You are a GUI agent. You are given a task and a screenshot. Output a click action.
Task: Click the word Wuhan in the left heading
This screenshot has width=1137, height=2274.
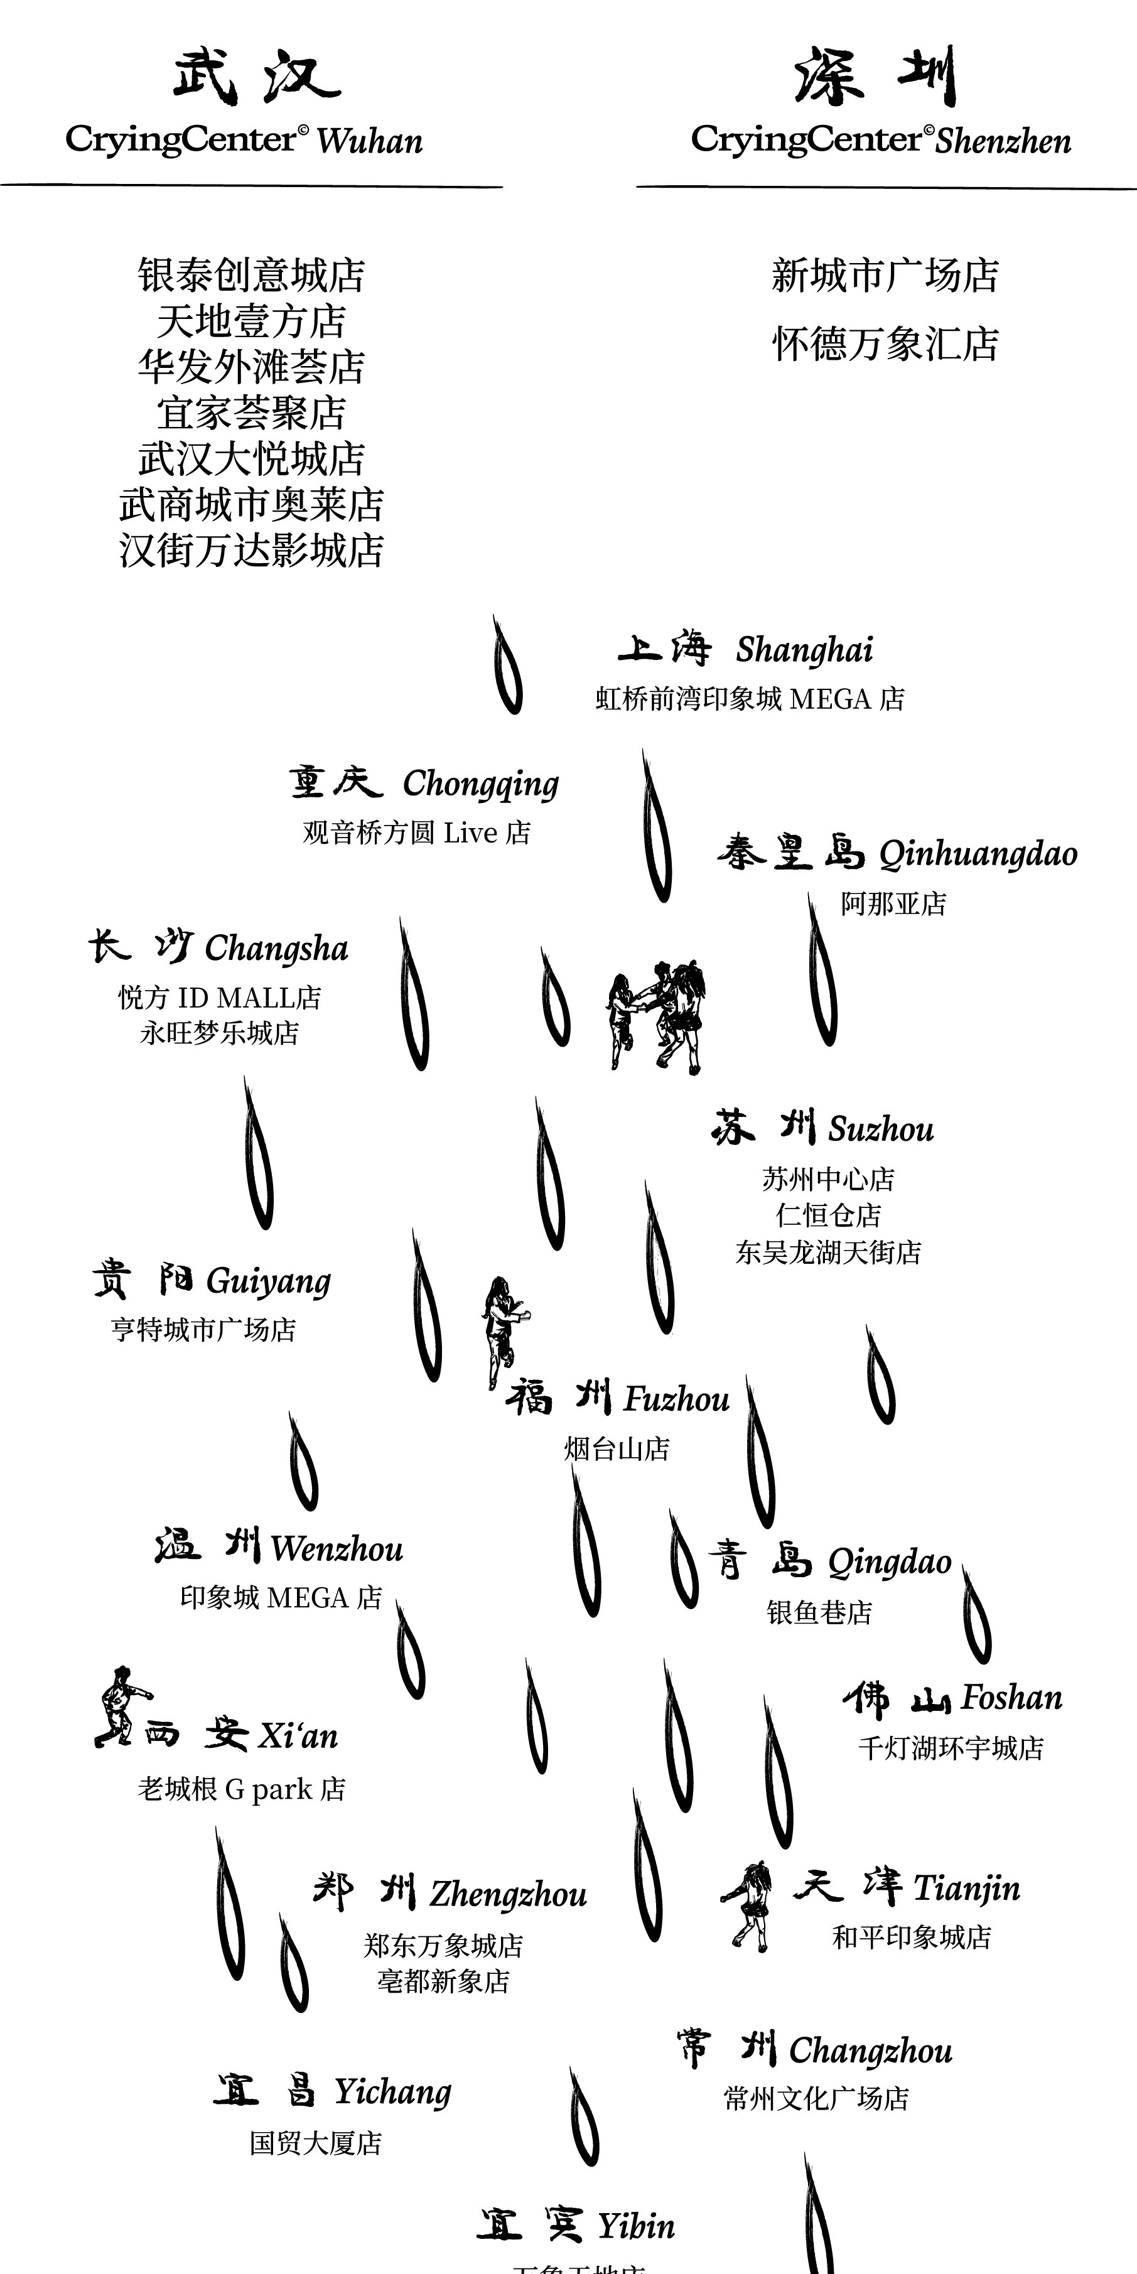tap(369, 141)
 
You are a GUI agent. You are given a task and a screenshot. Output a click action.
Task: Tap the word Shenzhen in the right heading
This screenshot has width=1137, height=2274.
tap(1003, 141)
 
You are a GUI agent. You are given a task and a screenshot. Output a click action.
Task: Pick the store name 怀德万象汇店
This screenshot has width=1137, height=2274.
tap(885, 344)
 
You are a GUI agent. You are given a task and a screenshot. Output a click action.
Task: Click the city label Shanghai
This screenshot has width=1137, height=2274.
tap(804, 650)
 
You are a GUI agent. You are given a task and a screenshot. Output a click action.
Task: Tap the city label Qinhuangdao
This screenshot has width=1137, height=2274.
tap(978, 854)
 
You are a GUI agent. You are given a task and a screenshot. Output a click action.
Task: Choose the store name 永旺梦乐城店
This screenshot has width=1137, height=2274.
tap(220, 1033)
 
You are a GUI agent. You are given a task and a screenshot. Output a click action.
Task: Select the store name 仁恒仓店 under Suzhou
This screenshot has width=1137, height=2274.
tap(828, 1215)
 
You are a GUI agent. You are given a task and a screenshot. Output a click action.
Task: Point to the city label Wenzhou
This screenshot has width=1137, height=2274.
tap(337, 1549)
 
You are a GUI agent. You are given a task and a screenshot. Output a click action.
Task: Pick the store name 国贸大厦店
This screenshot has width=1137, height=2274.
tap(315, 2142)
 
